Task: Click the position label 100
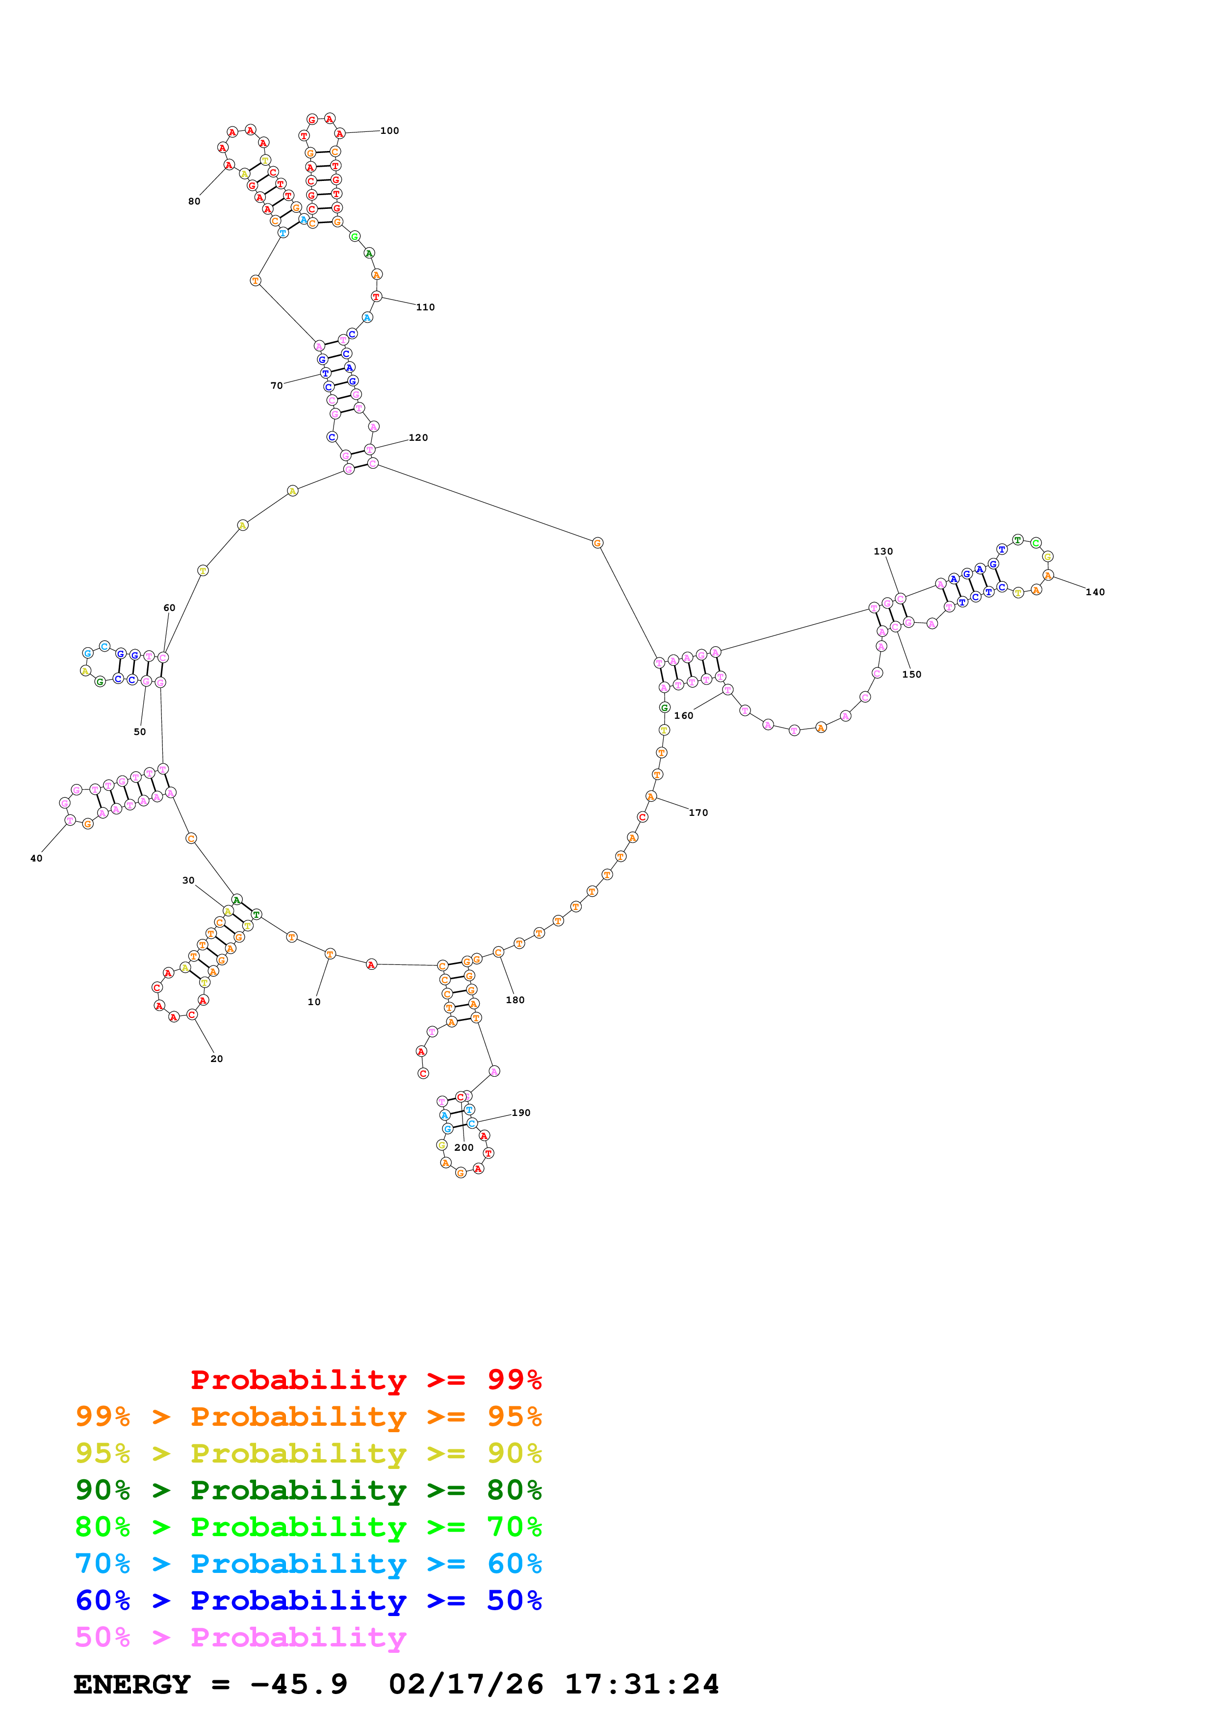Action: (x=389, y=131)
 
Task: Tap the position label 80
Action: (x=194, y=202)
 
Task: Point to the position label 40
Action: (x=36, y=859)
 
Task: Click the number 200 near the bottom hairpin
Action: (x=464, y=1148)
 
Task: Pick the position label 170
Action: (x=699, y=813)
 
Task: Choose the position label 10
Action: (x=314, y=1002)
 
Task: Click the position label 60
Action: (x=169, y=608)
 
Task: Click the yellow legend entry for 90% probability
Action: (x=308, y=1454)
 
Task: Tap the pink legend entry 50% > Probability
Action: (x=240, y=1638)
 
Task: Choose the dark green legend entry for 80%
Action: (x=308, y=1491)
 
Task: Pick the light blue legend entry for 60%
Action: (x=308, y=1564)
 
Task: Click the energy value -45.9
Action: (x=299, y=1685)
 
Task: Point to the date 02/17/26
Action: (x=466, y=1685)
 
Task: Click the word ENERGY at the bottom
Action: (x=132, y=1685)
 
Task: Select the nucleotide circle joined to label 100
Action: (x=339, y=134)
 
